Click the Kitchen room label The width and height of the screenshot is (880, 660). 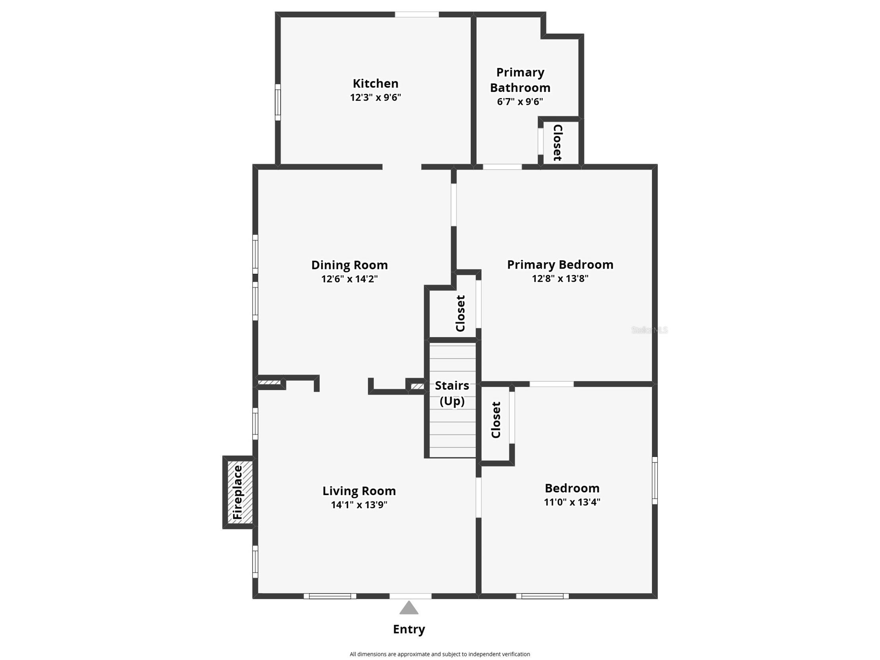point(375,83)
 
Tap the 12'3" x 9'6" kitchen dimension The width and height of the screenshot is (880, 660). point(375,97)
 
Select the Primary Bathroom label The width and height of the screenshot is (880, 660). point(520,79)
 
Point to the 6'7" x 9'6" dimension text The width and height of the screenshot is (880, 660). point(520,101)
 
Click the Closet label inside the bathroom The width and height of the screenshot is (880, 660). point(558,142)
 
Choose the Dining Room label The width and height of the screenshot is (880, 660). point(349,265)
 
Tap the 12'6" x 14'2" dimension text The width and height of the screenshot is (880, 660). point(349,279)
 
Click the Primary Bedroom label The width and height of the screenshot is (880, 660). point(560,265)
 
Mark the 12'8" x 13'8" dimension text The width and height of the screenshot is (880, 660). point(560,279)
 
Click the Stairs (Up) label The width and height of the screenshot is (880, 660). point(452,393)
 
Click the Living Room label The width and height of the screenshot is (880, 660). point(359,491)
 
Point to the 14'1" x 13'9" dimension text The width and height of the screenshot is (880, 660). point(359,505)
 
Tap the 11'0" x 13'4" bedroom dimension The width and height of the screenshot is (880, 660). point(572,502)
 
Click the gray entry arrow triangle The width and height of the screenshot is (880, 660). point(409,608)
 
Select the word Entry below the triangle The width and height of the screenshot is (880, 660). point(409,629)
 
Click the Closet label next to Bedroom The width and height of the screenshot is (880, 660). point(496,420)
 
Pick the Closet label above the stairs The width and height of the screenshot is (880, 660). point(460,313)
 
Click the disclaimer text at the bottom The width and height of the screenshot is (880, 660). point(440,654)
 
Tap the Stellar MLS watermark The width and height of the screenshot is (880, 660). point(649,330)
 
